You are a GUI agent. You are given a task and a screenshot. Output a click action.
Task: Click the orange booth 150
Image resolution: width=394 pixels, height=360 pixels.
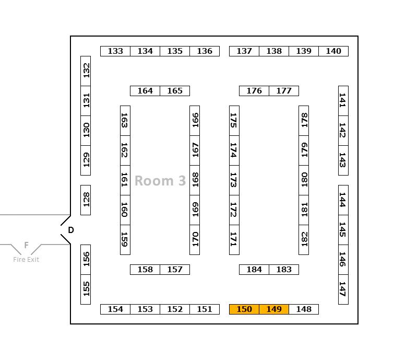pyautogui.click(x=244, y=309)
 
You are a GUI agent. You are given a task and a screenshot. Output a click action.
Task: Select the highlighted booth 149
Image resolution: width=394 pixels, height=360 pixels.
pyautogui.click(x=274, y=309)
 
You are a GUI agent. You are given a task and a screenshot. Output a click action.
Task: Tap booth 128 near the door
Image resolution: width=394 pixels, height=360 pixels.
pyautogui.click(x=86, y=200)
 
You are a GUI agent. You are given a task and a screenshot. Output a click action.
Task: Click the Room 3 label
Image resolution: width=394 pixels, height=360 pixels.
pyautogui.click(x=160, y=181)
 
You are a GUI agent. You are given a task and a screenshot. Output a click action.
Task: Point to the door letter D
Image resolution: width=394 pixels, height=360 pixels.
pyautogui.click(x=71, y=230)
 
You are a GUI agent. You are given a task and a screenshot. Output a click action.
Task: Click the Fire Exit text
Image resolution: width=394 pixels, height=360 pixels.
pyautogui.click(x=26, y=260)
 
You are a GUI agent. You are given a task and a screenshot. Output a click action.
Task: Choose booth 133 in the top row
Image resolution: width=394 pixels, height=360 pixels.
pyautogui.click(x=115, y=51)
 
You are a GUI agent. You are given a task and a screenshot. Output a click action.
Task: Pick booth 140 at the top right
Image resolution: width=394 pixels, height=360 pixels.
pyautogui.click(x=333, y=51)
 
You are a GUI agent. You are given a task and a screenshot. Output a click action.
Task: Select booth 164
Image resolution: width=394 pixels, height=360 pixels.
pyautogui.click(x=145, y=91)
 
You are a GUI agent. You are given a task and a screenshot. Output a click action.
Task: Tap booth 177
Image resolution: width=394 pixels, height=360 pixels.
pyautogui.click(x=284, y=91)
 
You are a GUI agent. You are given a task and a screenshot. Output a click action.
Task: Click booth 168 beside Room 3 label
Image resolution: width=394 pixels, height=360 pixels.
pyautogui.click(x=195, y=180)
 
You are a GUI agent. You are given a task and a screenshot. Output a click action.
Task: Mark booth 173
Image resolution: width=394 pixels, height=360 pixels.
pyautogui.click(x=234, y=180)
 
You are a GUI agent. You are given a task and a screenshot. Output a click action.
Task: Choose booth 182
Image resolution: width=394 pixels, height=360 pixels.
pyautogui.click(x=304, y=239)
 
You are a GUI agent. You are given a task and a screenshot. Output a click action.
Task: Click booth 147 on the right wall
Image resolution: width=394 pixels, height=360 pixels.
pyautogui.click(x=343, y=289)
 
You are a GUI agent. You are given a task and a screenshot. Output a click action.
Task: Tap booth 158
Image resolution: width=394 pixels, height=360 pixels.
pyautogui.click(x=145, y=270)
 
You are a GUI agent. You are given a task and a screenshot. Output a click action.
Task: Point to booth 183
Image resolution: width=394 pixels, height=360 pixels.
pyautogui.click(x=284, y=270)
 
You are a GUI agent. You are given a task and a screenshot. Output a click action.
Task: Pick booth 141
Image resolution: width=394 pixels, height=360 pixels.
pyautogui.click(x=343, y=101)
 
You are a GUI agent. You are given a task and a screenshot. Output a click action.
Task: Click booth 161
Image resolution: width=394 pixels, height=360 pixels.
pyautogui.click(x=125, y=180)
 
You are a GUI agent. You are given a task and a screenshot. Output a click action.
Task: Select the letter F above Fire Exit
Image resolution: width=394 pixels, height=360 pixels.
pyautogui.click(x=26, y=245)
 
